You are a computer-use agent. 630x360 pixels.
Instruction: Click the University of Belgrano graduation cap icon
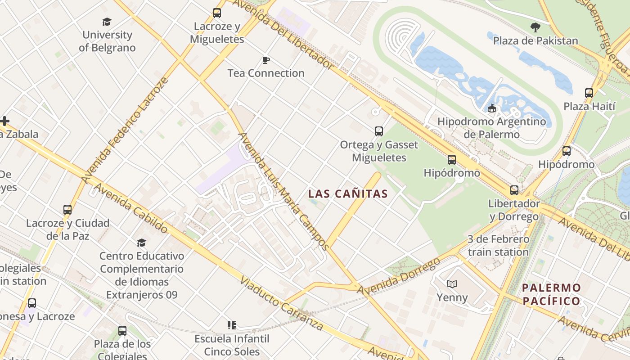107,22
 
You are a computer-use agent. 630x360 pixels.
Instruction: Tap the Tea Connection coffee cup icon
265,60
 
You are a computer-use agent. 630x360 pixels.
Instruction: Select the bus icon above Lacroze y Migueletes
217,13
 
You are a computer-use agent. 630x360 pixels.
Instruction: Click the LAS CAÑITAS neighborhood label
348,194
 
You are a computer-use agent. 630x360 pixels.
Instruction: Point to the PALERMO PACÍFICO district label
551,294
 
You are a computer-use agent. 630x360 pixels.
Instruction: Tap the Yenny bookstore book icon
452,284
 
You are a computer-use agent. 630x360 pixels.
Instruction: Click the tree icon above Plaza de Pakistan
535,27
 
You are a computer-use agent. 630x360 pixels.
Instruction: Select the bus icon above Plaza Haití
589,93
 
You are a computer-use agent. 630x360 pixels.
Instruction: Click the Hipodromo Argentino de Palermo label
491,128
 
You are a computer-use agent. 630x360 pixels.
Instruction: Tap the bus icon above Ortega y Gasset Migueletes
379,131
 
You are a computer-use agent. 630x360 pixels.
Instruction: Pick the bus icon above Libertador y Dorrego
514,190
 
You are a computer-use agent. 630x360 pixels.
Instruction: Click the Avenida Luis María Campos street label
283,191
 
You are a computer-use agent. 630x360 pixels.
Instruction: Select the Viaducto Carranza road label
281,304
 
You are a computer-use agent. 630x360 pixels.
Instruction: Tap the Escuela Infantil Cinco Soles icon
232,325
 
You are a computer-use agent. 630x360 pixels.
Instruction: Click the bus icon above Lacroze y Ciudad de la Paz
67,210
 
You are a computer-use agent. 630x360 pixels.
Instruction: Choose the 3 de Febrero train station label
498,246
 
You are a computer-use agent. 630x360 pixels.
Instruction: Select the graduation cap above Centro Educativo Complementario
141,243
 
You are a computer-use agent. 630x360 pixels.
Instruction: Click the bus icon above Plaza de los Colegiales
122,331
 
